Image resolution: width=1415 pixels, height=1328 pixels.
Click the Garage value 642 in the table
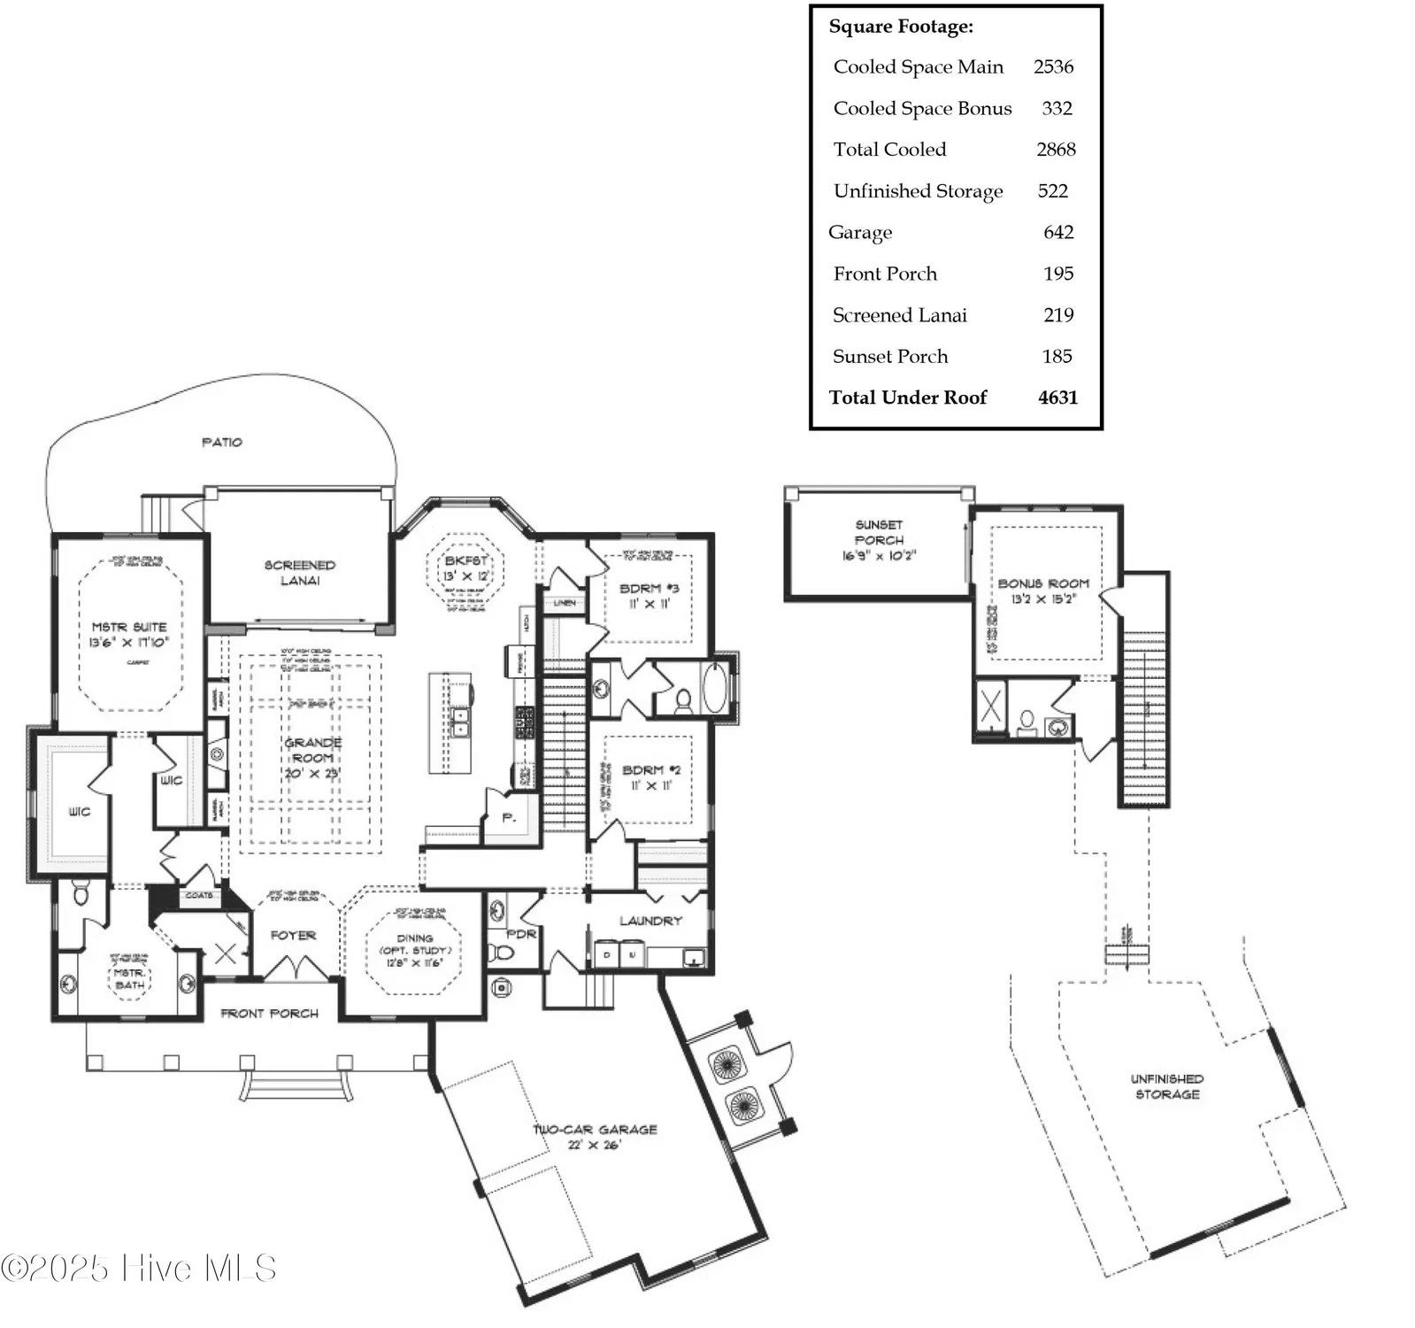[1057, 232]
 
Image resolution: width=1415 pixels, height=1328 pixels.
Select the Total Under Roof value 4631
[1057, 398]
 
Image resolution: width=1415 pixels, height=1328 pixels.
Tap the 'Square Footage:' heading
[900, 27]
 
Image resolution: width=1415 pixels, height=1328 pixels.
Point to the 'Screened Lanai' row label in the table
[899, 315]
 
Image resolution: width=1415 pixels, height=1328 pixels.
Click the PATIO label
[221, 442]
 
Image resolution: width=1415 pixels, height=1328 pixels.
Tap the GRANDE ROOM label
[312, 758]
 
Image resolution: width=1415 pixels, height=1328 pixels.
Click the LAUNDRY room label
[650, 921]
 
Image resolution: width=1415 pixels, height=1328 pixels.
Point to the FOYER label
[293, 935]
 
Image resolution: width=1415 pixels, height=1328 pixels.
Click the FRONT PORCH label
[269, 1013]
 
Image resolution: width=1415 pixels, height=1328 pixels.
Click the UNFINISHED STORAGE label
[1166, 1086]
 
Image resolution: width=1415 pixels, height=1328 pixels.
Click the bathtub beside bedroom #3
[713, 688]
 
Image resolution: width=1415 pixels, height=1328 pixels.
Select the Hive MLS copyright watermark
[139, 1268]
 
